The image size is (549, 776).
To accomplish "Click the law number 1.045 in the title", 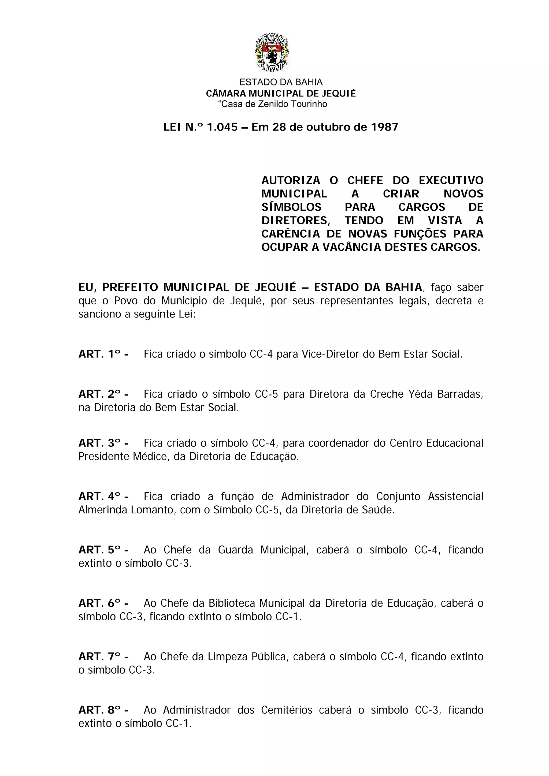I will (x=222, y=127).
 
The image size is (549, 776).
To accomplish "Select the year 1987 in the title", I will (x=384, y=127).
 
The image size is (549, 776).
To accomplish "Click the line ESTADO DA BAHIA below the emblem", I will (x=281, y=82).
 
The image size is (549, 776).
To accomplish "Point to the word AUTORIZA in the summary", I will (x=291, y=181).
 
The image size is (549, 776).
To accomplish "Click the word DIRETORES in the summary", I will (x=295, y=221).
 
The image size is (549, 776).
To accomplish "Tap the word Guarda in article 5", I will (x=235, y=550).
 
